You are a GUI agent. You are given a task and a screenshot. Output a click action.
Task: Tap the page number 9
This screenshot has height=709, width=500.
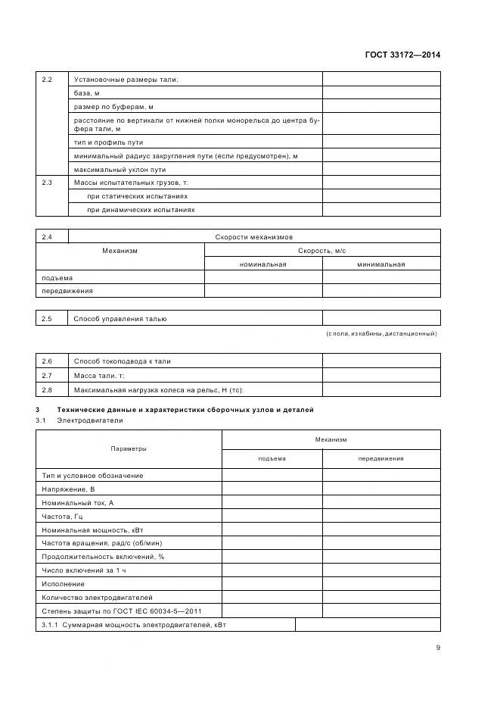click(x=437, y=647)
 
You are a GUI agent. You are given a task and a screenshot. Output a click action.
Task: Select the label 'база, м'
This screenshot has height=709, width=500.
click(x=87, y=92)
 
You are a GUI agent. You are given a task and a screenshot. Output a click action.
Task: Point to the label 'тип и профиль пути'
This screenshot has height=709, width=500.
click(x=108, y=142)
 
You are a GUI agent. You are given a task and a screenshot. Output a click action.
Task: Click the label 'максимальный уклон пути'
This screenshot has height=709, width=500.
click(x=120, y=169)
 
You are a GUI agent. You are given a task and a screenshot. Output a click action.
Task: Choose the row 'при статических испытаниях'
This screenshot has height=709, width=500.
click(x=138, y=196)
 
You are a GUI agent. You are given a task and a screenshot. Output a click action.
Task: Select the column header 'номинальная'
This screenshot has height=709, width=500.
click(x=262, y=264)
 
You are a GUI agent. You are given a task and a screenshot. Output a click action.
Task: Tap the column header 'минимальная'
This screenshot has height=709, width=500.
click(x=381, y=264)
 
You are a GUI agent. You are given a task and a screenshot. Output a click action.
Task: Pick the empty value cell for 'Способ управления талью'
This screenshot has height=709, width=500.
click(x=381, y=319)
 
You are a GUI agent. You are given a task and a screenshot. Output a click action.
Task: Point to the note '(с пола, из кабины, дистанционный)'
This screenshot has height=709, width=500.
click(x=381, y=333)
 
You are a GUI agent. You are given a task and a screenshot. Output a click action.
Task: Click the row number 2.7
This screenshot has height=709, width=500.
click(x=47, y=375)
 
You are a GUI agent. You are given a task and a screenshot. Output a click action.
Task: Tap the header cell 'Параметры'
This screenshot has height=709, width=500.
click(x=129, y=448)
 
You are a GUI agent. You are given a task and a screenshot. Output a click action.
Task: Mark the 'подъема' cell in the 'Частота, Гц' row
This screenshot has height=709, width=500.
click(x=272, y=516)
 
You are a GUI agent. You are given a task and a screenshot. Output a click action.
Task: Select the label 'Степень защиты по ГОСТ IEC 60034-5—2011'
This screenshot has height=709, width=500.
click(x=122, y=611)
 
